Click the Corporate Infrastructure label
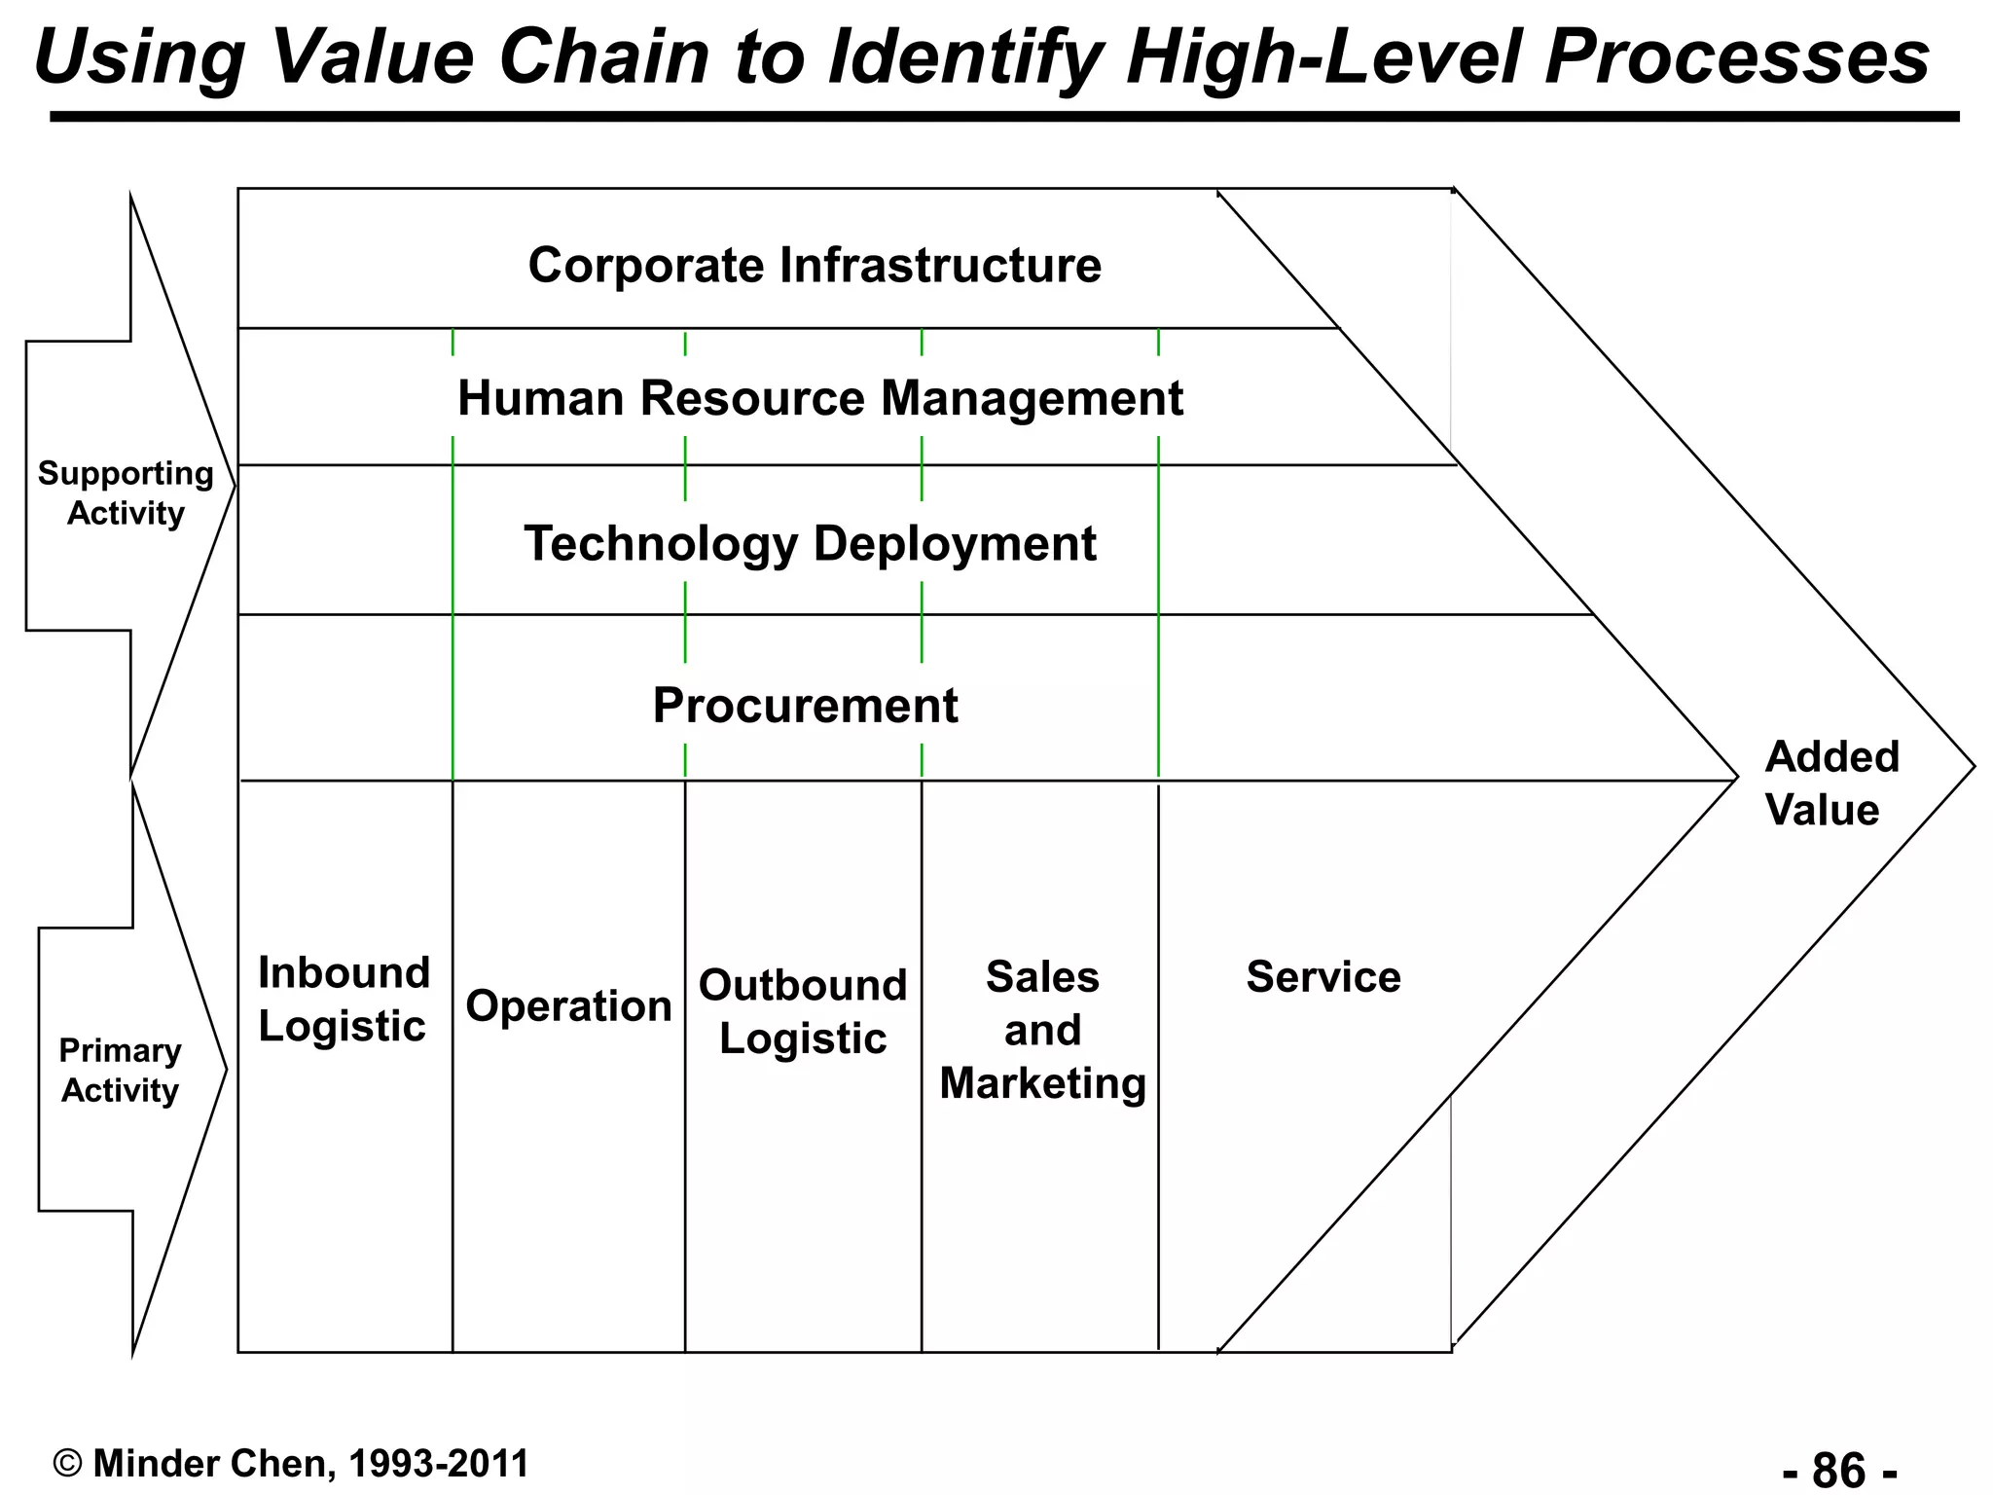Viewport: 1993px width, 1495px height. pyautogui.click(x=815, y=266)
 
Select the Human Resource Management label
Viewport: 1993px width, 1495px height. pyautogui.click(x=819, y=399)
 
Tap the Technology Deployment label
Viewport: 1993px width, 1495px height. pyautogui.click(x=810, y=543)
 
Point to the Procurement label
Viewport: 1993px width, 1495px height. pyautogui.click(x=805, y=706)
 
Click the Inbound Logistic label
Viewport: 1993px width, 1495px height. pyautogui.click(x=344, y=1000)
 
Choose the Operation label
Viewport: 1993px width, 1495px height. pyautogui.click(x=568, y=1006)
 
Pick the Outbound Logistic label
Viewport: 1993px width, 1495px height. pyautogui.click(x=803, y=1012)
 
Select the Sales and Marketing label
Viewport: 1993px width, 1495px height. pyautogui.click(x=1042, y=1031)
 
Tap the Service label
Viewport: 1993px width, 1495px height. pyautogui.click(x=1323, y=977)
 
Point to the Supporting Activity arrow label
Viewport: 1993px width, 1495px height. pyautogui.click(x=126, y=493)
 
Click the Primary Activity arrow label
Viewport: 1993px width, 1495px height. pyautogui.click(x=120, y=1071)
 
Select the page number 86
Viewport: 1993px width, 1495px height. pyautogui.click(x=1839, y=1468)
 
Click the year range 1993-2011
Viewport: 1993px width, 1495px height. pyautogui.click(x=438, y=1464)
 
